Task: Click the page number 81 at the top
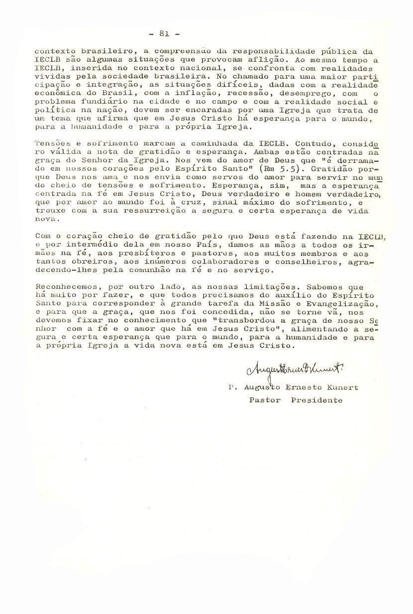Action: pos(165,34)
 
